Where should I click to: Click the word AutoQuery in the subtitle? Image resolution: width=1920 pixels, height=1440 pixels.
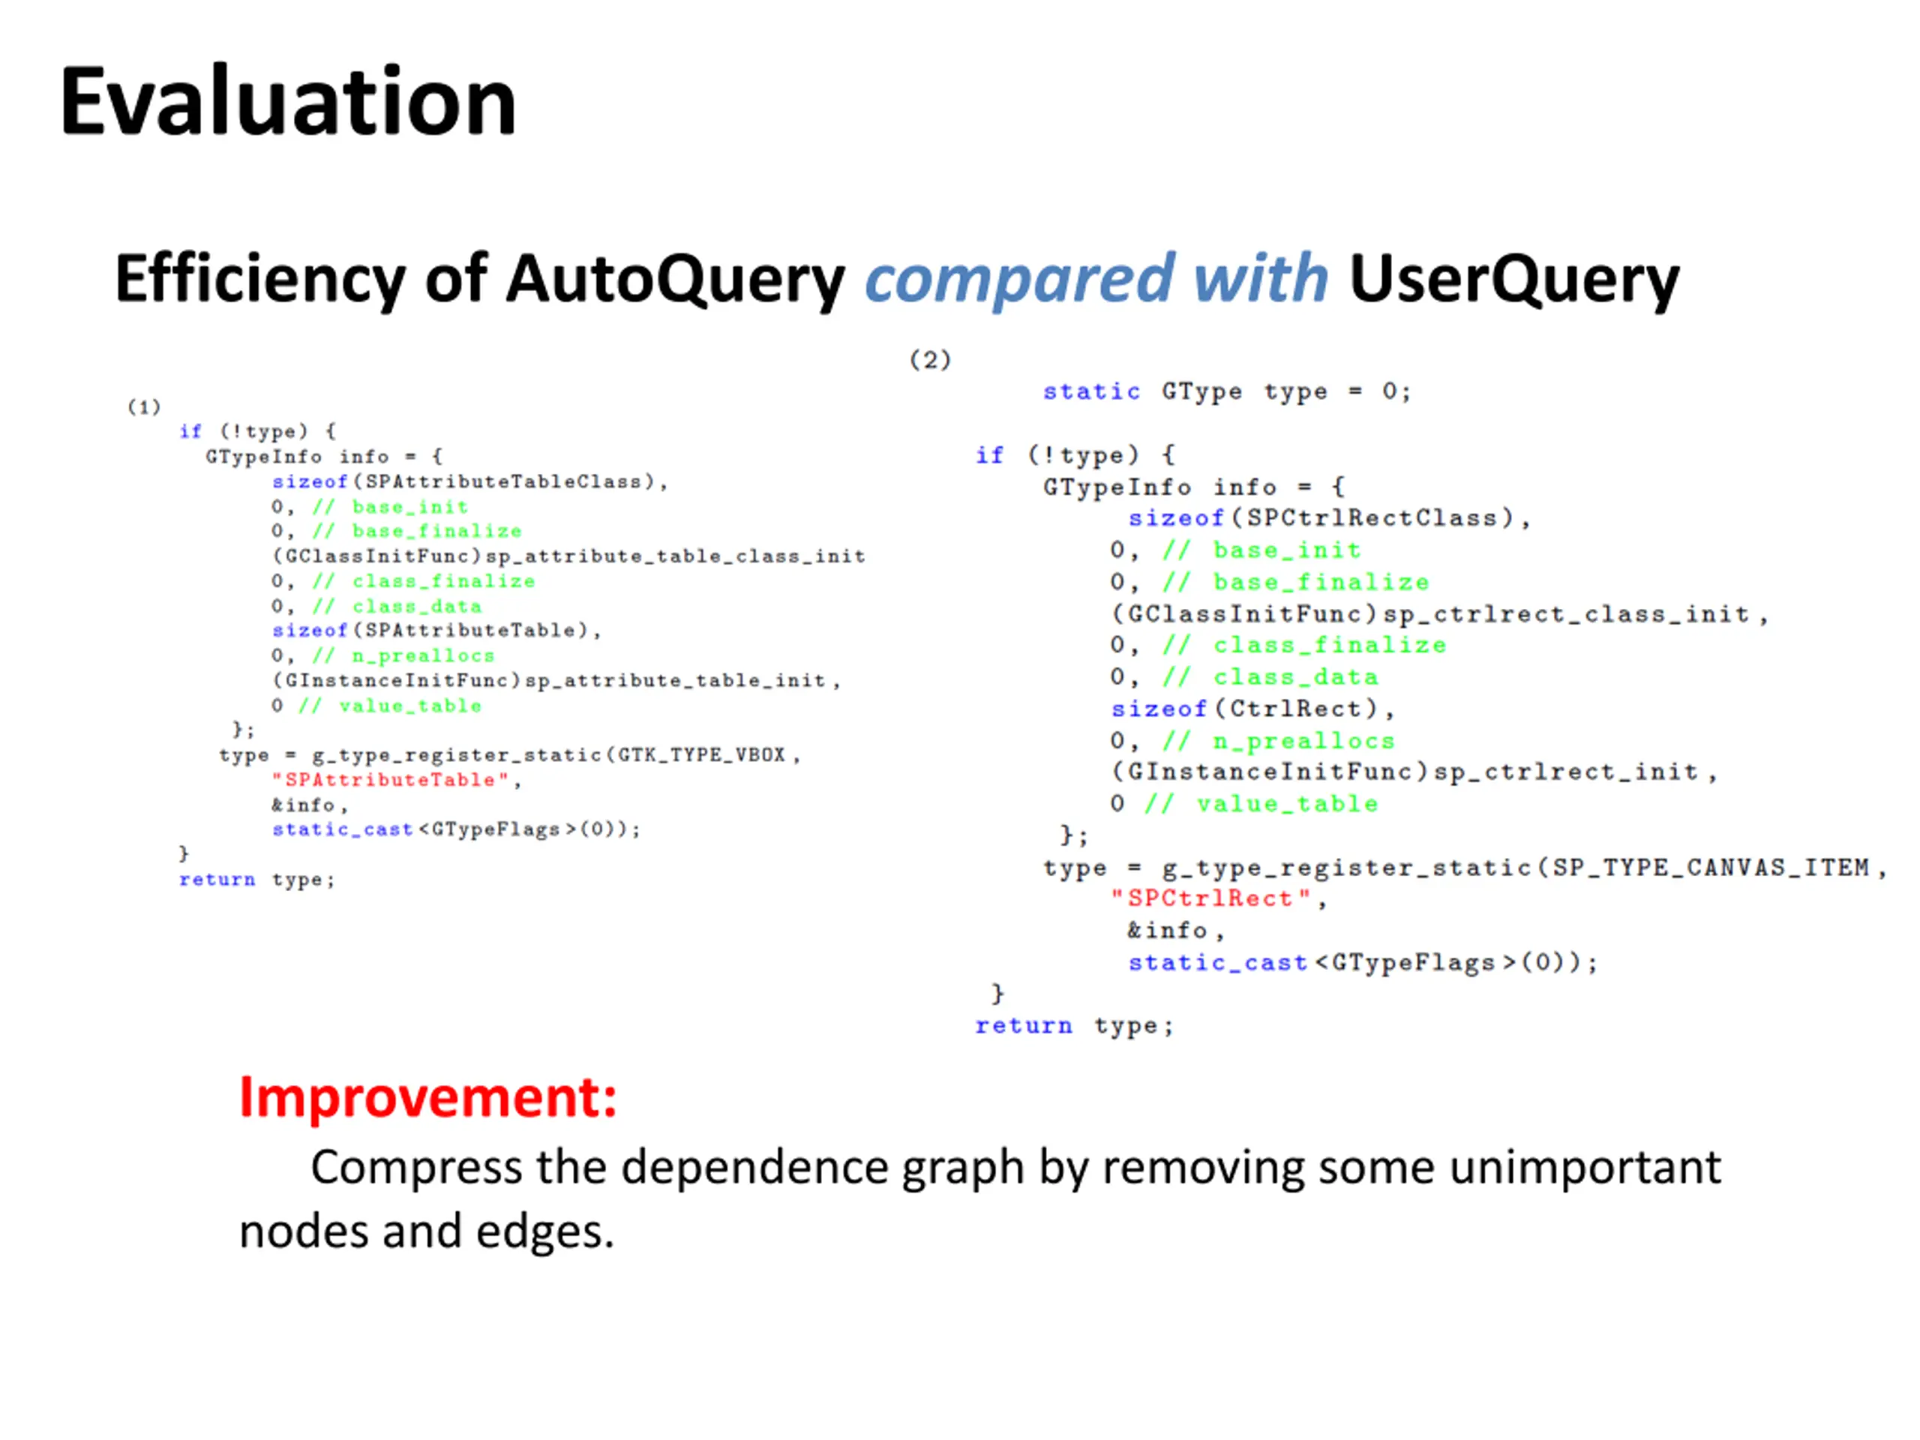[x=674, y=279]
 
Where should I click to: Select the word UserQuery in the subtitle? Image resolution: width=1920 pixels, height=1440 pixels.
[x=1513, y=279]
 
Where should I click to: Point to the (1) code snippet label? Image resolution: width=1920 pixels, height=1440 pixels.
[x=144, y=406]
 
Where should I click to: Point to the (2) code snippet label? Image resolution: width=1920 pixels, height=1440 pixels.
[x=929, y=359]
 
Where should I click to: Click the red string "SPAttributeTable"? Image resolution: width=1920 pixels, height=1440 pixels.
[x=391, y=779]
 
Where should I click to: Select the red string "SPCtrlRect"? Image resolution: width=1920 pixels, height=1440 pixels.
[x=1210, y=898]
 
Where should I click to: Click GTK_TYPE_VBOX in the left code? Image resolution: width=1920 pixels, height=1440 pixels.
[x=701, y=754]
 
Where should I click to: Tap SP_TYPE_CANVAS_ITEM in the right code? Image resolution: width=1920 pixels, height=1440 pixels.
[x=1710, y=867]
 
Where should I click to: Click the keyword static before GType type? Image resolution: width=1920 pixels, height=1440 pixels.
[x=1091, y=391]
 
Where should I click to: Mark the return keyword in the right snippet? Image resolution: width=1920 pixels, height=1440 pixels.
[x=1023, y=1026]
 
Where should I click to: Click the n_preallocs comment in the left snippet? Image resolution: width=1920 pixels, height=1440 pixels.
[x=423, y=655]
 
